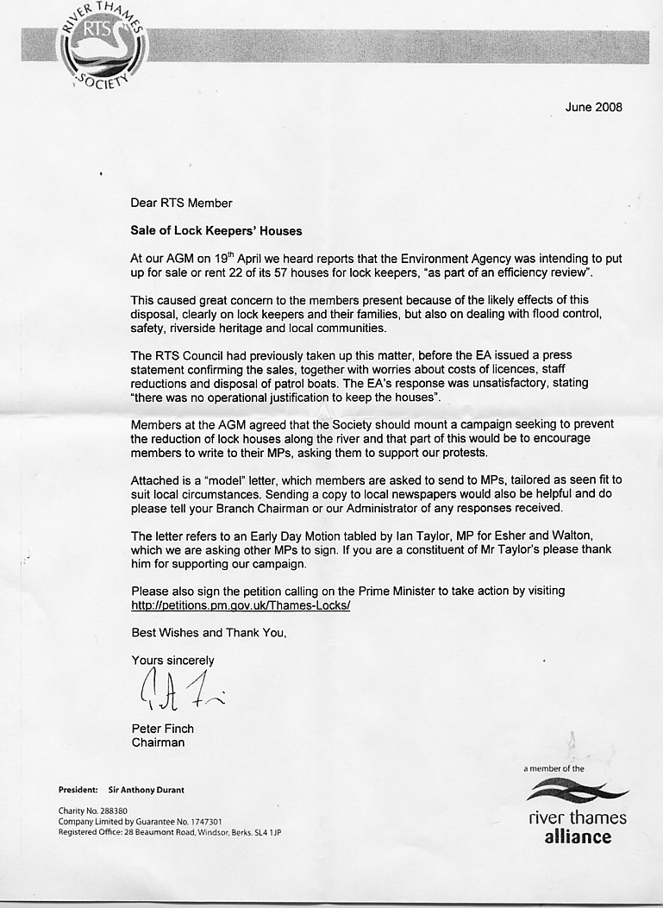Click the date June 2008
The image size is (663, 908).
click(x=593, y=108)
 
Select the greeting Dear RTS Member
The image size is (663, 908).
click(x=181, y=204)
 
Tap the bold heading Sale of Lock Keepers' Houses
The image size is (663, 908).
click(x=216, y=231)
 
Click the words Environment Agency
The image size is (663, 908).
click(x=467, y=259)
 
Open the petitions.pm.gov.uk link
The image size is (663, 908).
click(x=241, y=605)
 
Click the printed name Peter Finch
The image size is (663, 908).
click(x=162, y=729)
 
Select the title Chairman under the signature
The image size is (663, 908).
click(x=158, y=742)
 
